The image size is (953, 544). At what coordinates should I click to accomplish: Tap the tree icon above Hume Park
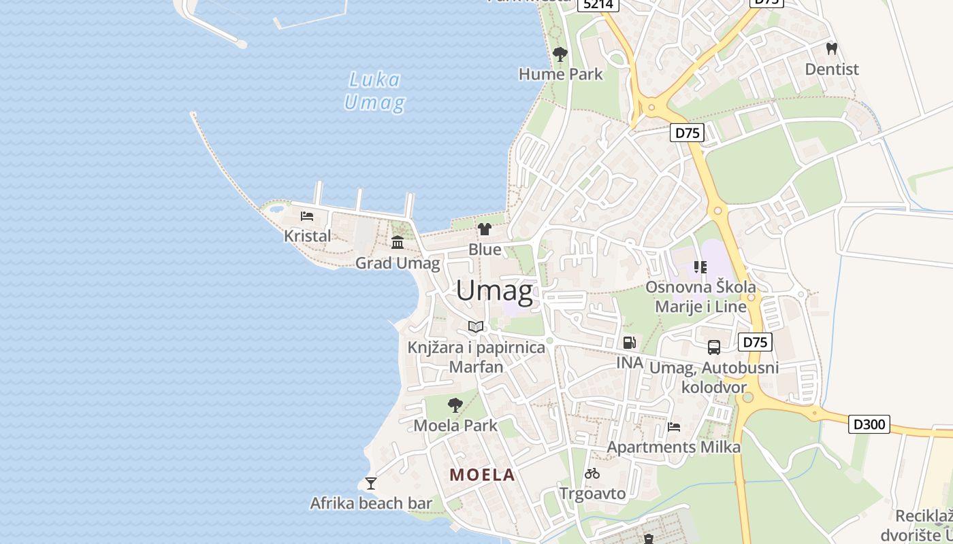(560, 54)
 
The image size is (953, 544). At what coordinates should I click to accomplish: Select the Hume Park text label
(560, 73)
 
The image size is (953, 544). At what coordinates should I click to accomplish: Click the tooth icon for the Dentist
(831, 49)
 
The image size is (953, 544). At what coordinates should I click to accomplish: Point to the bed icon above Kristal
(307, 216)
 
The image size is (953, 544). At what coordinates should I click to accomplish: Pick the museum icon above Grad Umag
(398, 243)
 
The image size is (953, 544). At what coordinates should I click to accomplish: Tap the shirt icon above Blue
(485, 229)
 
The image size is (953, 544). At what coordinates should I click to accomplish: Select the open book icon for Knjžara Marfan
(476, 327)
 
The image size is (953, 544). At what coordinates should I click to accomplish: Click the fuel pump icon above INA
(630, 343)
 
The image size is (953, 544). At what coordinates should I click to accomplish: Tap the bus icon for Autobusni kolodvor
(713, 347)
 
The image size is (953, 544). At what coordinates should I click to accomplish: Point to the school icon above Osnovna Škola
(700, 267)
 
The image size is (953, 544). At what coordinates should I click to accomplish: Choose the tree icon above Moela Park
(455, 406)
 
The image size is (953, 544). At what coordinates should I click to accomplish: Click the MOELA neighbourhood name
(482, 475)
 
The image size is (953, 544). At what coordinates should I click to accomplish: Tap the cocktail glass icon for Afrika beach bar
(370, 483)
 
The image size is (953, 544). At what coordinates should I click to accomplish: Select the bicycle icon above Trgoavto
(592, 473)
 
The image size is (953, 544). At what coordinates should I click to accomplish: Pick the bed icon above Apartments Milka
(674, 427)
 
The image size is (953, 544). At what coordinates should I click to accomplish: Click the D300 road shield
(869, 424)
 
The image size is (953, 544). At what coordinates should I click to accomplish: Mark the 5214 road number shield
(598, 4)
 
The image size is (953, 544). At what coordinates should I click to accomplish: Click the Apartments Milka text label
(673, 447)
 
